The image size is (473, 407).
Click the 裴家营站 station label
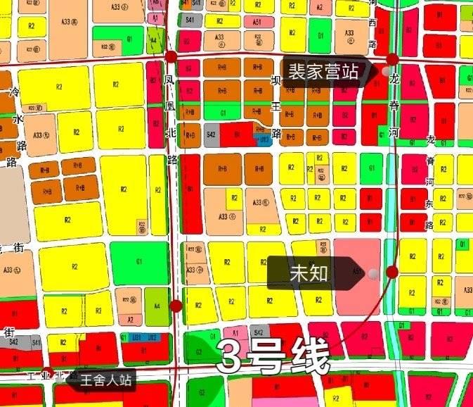[324, 72]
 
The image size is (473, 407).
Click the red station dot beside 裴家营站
[392, 59]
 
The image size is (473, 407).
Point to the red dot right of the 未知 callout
[392, 272]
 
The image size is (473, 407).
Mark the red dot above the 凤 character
[171, 56]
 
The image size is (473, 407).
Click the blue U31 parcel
[264, 140]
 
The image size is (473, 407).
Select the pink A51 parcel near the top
[257, 22]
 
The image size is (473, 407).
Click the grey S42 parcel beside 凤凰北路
[212, 134]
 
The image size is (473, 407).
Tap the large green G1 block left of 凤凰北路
[139, 261]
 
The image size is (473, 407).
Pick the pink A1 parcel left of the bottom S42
[235, 332]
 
